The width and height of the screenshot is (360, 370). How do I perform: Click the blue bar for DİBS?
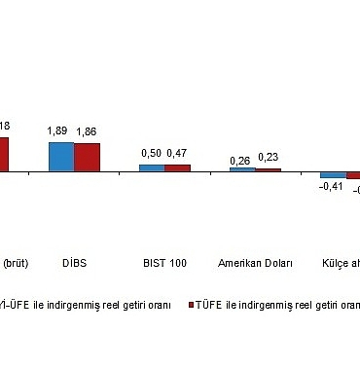61,157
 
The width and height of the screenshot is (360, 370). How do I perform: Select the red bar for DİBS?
87,158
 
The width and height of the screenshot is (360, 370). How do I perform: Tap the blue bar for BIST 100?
152,167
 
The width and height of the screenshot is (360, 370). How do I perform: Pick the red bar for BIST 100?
177,167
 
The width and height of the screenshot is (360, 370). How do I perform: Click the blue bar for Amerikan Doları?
242,169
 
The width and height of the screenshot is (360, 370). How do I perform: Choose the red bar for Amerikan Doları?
268,169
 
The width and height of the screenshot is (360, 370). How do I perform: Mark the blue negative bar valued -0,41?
333,175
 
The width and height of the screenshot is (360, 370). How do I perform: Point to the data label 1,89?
59,130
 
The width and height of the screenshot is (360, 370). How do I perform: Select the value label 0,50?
151,153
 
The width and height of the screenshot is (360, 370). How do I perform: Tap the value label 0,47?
177,153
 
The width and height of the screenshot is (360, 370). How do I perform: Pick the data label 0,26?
240,158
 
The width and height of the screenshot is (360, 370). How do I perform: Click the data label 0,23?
268,158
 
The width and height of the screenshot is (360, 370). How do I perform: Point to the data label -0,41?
332,188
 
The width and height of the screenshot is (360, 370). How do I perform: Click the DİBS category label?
74,263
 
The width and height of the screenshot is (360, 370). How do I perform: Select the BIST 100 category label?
164,263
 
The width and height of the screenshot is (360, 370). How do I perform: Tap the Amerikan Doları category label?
255,263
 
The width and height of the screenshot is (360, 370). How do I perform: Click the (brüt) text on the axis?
17,263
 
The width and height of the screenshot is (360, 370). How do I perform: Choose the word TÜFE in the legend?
211,305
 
